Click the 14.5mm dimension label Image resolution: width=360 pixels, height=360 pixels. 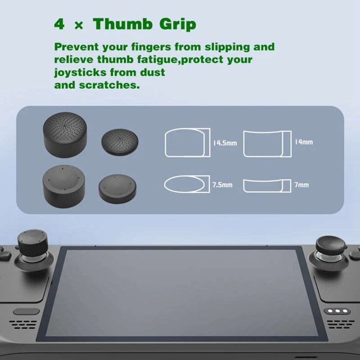click(x=225, y=143)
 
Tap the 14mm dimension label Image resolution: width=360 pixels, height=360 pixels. click(x=304, y=142)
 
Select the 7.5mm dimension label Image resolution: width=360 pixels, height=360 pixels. click(x=222, y=184)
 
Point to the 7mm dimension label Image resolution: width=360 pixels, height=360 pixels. click(x=302, y=184)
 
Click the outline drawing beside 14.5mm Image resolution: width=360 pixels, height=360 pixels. click(x=187, y=143)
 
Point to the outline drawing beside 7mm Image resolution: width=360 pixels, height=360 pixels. click(x=265, y=185)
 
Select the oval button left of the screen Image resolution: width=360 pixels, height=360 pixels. click(x=20, y=311)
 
